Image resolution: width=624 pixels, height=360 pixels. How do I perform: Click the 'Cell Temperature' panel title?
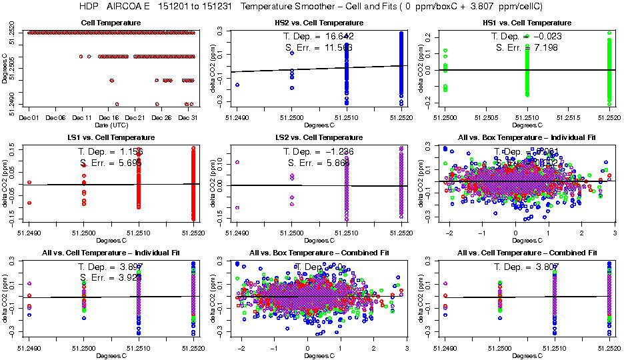tap(111, 23)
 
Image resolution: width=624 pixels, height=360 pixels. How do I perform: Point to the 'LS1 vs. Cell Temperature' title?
tap(111, 138)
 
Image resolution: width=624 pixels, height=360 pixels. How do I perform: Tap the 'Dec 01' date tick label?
tap(29, 118)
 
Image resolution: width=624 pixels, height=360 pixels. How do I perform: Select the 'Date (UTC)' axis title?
tap(110, 125)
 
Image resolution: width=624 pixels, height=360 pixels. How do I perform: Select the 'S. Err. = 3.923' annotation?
tap(111, 277)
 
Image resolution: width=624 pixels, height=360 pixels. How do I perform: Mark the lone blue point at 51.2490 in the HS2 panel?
tap(237, 85)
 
